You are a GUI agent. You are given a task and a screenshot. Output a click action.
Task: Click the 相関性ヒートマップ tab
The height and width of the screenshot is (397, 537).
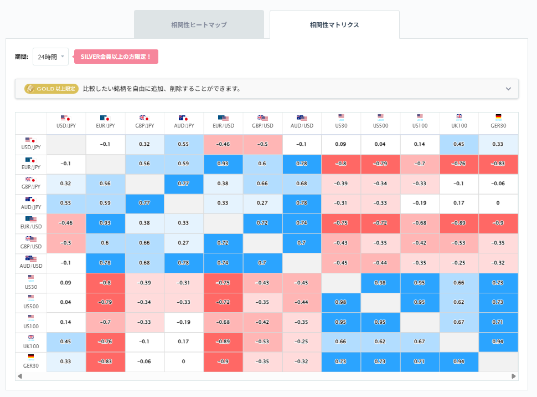199,25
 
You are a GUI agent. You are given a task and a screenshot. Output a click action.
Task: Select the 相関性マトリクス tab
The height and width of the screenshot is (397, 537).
334,25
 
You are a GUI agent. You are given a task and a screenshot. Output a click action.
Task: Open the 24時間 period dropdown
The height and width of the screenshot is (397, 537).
50,57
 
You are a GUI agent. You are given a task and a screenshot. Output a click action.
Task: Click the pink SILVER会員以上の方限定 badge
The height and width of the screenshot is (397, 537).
116,57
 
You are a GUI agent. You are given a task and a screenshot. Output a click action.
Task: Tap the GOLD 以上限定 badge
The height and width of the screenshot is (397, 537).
51,89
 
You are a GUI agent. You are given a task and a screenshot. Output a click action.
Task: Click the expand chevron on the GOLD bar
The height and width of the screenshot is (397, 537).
508,89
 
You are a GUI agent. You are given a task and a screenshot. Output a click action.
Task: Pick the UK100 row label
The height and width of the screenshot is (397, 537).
31,342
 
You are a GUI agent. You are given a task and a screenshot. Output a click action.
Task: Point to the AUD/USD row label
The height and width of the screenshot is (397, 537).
31,262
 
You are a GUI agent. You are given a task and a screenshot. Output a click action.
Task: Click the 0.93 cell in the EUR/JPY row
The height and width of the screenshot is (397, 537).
223,164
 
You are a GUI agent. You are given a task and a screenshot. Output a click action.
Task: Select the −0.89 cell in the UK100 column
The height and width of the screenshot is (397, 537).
459,223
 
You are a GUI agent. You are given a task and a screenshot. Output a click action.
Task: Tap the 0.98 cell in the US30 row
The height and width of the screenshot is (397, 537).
380,283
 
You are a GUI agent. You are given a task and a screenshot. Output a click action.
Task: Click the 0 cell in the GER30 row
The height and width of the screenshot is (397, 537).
184,362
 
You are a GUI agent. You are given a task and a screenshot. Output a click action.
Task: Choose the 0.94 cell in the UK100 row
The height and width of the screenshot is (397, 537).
498,342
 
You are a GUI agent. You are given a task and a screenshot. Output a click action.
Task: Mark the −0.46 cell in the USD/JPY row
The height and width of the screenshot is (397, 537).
223,144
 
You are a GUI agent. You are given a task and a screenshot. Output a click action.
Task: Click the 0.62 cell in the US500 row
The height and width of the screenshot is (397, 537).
459,302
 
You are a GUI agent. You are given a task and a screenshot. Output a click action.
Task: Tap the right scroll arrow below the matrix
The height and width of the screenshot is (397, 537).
513,376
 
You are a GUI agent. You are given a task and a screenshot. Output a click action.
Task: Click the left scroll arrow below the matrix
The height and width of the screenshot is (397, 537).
20,376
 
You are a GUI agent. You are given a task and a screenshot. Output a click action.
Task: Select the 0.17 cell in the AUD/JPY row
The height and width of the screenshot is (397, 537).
459,203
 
